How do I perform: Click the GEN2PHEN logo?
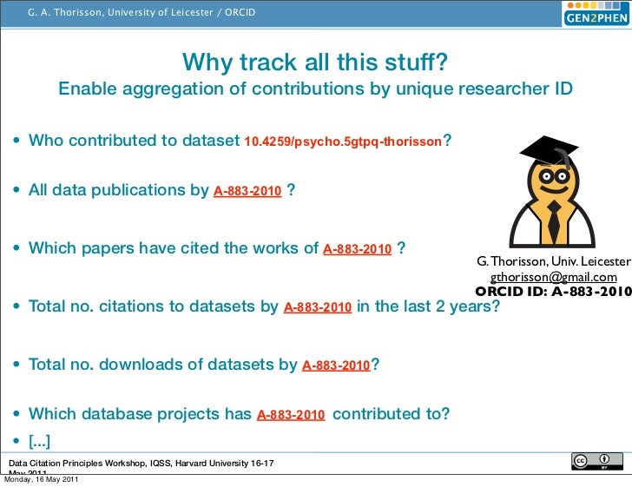596,16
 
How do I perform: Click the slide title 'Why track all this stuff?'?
315,63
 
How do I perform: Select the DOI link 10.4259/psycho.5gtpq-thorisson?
344,141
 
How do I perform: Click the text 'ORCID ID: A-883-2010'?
553,292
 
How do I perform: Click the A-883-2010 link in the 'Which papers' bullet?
357,249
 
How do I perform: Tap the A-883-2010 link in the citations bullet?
318,307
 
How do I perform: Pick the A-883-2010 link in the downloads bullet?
336,365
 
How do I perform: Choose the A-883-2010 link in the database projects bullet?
291,415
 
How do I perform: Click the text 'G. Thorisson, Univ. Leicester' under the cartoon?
554,262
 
